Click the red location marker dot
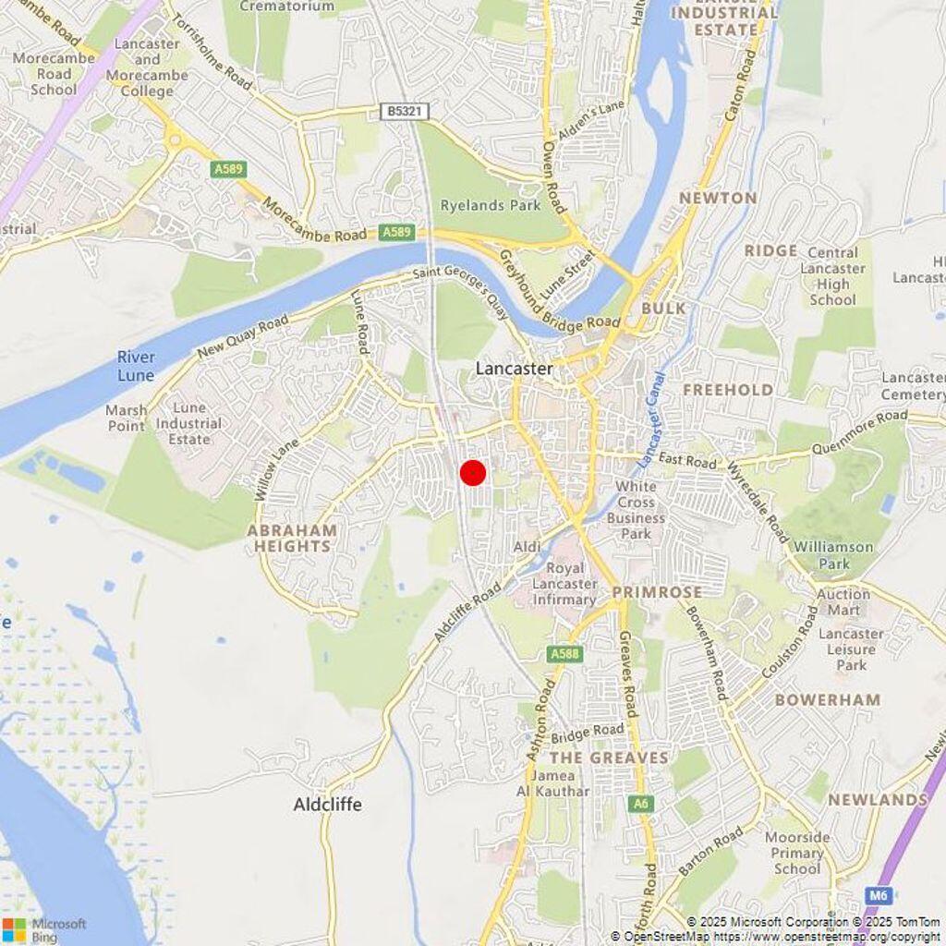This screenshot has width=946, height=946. pos(473,472)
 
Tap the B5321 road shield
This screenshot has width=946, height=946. pos(405,112)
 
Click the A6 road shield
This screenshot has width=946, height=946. pos(641,804)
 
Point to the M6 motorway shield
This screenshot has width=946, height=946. pos(879,895)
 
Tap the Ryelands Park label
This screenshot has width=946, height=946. pos(490,205)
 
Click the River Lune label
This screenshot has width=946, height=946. pos(136,366)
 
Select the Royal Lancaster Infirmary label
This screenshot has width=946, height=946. pos(571,584)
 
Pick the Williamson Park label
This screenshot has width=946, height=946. pos(833,554)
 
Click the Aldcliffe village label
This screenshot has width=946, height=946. pos(327,805)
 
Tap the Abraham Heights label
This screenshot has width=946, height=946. pos(291,538)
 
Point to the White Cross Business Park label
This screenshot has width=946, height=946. pos(636,511)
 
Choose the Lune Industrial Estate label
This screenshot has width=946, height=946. pos(189,423)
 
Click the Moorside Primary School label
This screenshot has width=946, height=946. pos(796,853)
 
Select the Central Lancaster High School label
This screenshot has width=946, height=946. pos(832,276)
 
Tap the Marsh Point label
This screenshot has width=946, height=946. pos(127,418)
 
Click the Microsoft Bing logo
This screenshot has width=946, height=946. pos(44,929)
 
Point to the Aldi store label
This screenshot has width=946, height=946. pos(527,548)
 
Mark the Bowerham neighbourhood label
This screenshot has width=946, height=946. pos(827,699)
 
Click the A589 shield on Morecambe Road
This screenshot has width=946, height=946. pos(397,232)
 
